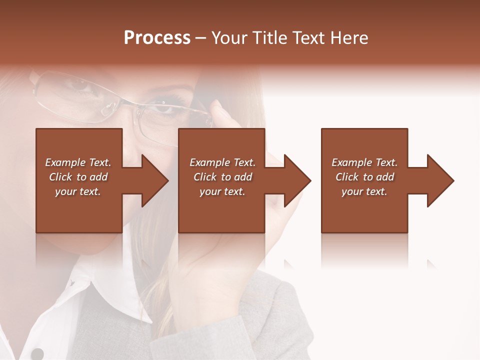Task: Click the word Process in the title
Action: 157,38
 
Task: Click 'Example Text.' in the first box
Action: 78,162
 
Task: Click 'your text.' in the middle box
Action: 222,191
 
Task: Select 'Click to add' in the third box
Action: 364,177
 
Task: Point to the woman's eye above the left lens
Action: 80,84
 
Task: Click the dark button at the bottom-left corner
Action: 37,353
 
